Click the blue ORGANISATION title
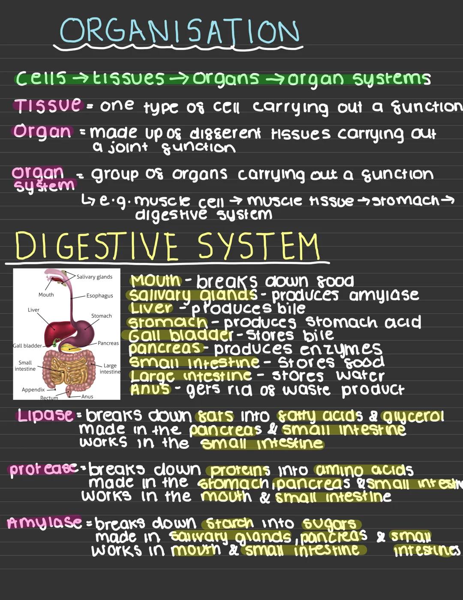point(180,31)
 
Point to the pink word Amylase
point(45,522)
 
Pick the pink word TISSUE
point(48,105)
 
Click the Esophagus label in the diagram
point(99,296)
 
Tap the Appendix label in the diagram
point(33,390)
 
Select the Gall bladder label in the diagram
point(27,346)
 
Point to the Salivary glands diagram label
point(94,277)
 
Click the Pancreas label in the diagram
point(108,343)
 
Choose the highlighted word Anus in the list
point(150,390)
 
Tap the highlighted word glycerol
point(413,416)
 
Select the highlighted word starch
point(230,523)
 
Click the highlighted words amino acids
point(364,470)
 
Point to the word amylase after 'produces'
point(384,295)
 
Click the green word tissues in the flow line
point(129,78)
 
